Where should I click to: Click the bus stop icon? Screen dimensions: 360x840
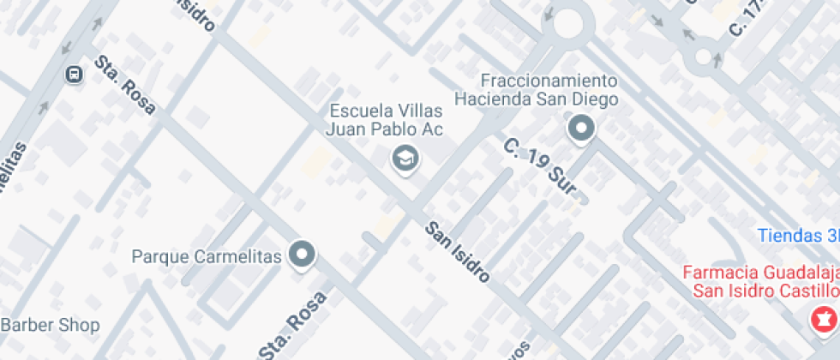[x=75, y=75]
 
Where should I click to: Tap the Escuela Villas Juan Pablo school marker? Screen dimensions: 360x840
[x=403, y=158]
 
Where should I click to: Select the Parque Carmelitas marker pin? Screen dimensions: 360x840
[x=302, y=254]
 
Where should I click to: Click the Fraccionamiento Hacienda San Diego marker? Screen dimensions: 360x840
[x=581, y=129]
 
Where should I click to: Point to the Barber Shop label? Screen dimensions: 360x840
[x=50, y=326]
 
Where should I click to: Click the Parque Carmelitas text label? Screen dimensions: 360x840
[x=207, y=256]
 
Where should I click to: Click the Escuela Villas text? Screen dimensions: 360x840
[x=387, y=111]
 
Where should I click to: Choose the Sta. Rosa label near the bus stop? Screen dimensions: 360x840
[x=125, y=86]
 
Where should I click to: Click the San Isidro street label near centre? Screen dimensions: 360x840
[x=459, y=250]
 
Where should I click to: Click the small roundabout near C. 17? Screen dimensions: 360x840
[x=704, y=57]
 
